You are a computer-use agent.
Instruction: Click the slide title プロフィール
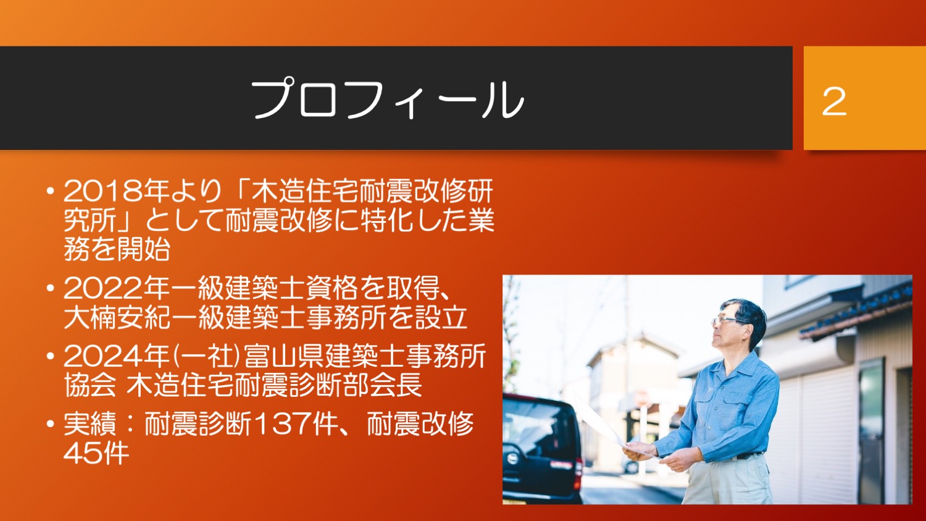pos(387,98)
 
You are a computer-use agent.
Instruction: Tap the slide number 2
pos(834,102)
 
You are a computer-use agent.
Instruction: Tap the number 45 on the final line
pos(83,453)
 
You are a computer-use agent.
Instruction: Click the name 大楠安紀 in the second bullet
pos(117,317)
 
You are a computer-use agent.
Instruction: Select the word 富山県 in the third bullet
pos(283,356)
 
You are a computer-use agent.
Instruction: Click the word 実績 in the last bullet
pos(90,424)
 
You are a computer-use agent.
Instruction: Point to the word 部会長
pos(383,385)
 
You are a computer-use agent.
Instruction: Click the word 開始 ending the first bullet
pos(143,249)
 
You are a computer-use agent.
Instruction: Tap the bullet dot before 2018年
pos(51,191)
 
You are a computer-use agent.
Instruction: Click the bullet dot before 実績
pos(51,424)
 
